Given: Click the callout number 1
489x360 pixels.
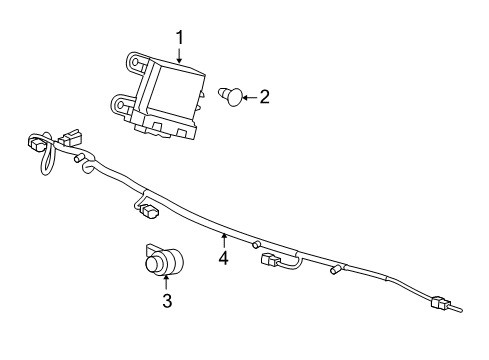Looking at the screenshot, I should [180, 39].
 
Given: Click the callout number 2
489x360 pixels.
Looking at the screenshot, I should [265, 97].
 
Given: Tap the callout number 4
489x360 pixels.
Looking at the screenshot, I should [224, 259].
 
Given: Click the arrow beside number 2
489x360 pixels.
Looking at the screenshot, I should [250, 97].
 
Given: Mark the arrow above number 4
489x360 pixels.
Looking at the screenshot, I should [224, 240].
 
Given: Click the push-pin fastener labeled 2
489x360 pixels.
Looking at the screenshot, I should [232, 97].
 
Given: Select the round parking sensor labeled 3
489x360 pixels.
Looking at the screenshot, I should [160, 264].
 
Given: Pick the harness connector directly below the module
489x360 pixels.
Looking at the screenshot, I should [150, 211].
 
